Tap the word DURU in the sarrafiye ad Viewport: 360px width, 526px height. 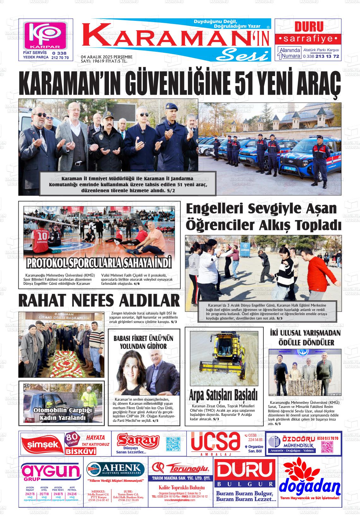[x=304, y=27]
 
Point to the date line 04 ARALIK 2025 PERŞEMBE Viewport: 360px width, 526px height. [x=102, y=57]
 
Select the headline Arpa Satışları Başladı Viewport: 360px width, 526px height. [x=223, y=395]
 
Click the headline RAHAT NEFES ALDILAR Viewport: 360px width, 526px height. [x=99, y=300]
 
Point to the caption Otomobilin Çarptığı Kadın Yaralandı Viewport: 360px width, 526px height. [x=63, y=414]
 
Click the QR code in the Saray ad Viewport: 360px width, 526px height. [x=173, y=444]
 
